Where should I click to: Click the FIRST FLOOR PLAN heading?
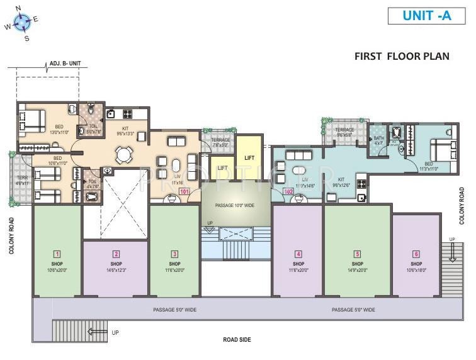click(402, 56)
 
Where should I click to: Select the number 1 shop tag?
click(56, 254)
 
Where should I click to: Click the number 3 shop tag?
click(174, 254)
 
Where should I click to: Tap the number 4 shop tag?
click(297, 254)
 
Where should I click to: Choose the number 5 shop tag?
click(357, 254)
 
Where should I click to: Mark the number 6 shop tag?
click(416, 254)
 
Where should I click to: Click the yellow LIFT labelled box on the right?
click(249, 158)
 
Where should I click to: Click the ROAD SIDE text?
click(237, 339)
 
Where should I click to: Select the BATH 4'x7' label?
click(378, 140)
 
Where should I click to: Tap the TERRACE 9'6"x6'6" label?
click(344, 132)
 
